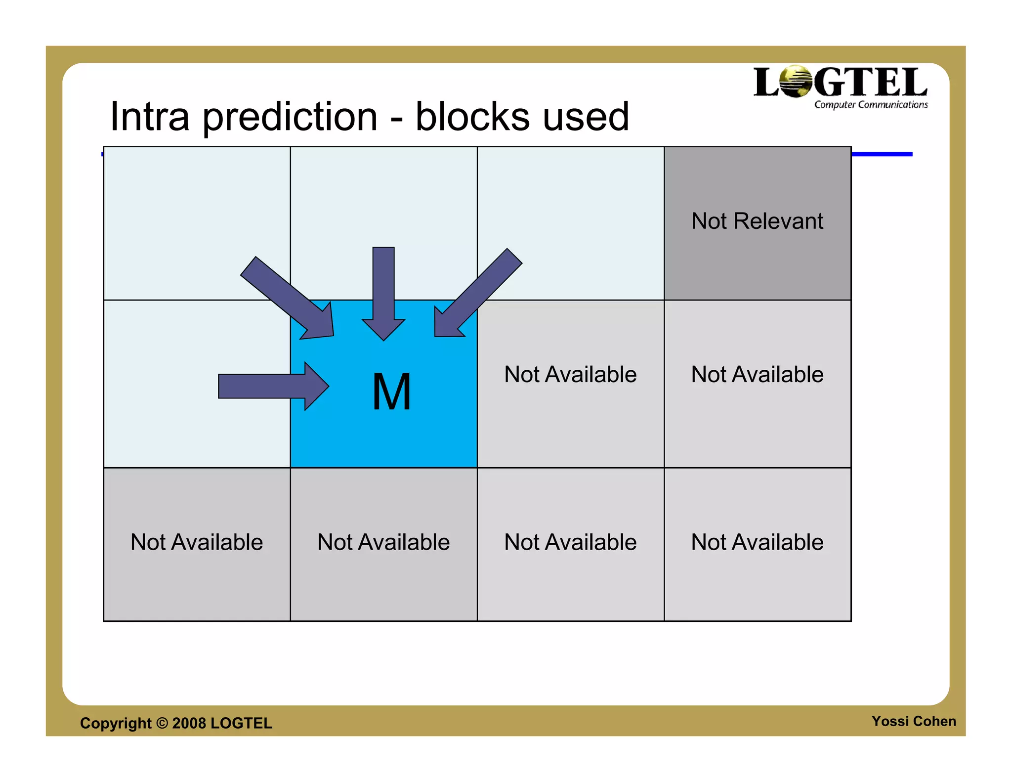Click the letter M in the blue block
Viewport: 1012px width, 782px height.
(x=391, y=392)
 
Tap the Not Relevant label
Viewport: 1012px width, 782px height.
(x=757, y=221)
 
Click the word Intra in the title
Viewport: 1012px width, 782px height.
(x=150, y=117)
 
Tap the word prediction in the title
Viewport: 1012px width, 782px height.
(x=291, y=118)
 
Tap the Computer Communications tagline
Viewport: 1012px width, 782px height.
(x=871, y=105)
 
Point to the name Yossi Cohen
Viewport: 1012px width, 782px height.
(x=914, y=721)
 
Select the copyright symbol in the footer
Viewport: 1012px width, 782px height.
(x=162, y=723)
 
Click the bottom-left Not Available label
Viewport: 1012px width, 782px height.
(x=197, y=542)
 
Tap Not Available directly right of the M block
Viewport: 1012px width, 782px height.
(x=570, y=374)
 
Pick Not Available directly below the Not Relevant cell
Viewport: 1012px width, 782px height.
(x=757, y=374)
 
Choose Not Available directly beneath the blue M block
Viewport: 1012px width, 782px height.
(x=383, y=542)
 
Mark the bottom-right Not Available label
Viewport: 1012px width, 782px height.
(x=757, y=542)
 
